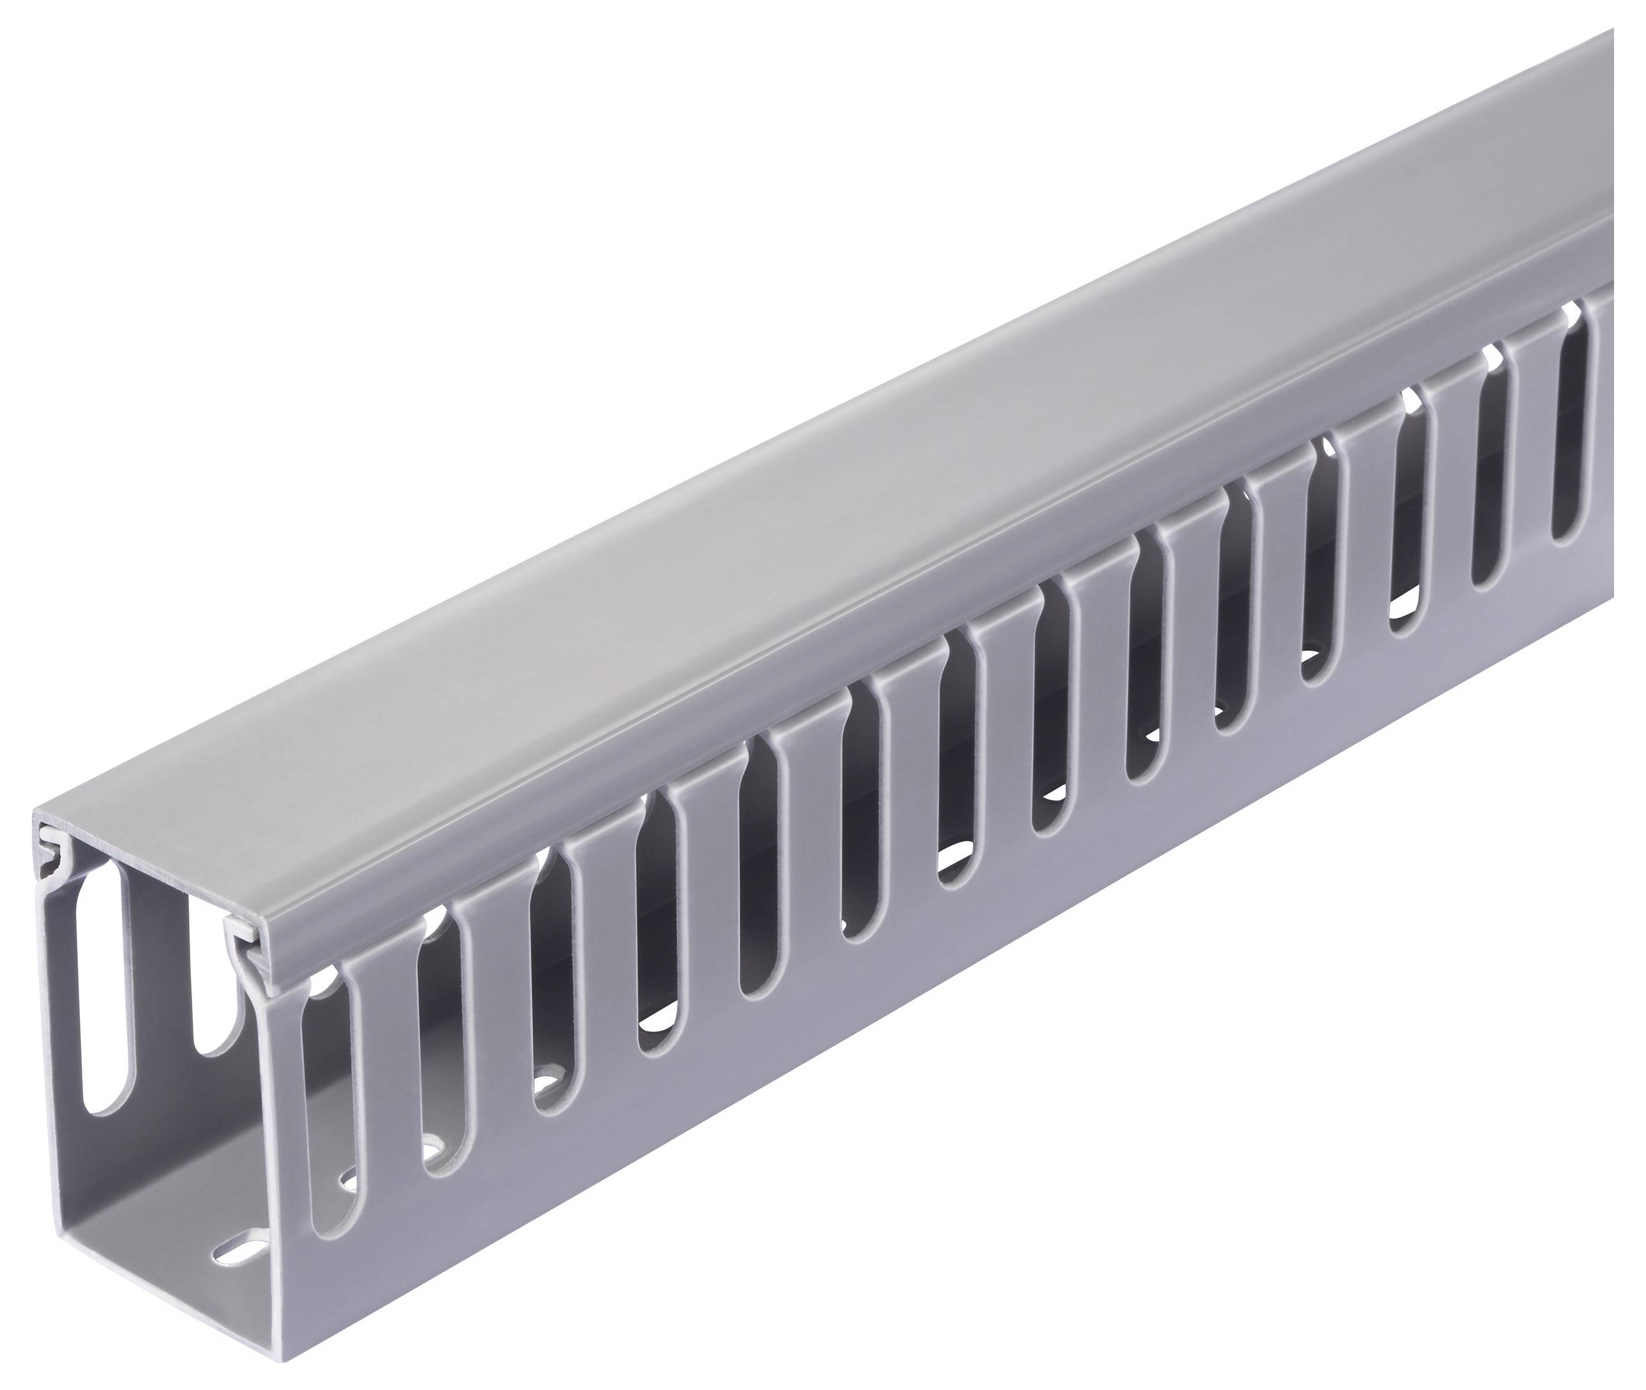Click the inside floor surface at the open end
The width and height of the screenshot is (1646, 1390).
point(158,1229)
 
